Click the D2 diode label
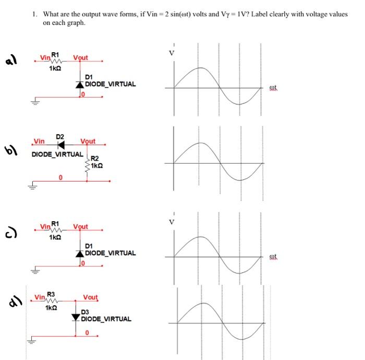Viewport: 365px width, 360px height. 60,136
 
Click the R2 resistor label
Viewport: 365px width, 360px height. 94,159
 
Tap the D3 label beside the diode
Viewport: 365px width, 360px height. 86,311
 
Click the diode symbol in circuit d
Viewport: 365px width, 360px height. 76,317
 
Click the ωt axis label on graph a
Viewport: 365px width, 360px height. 274,88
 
